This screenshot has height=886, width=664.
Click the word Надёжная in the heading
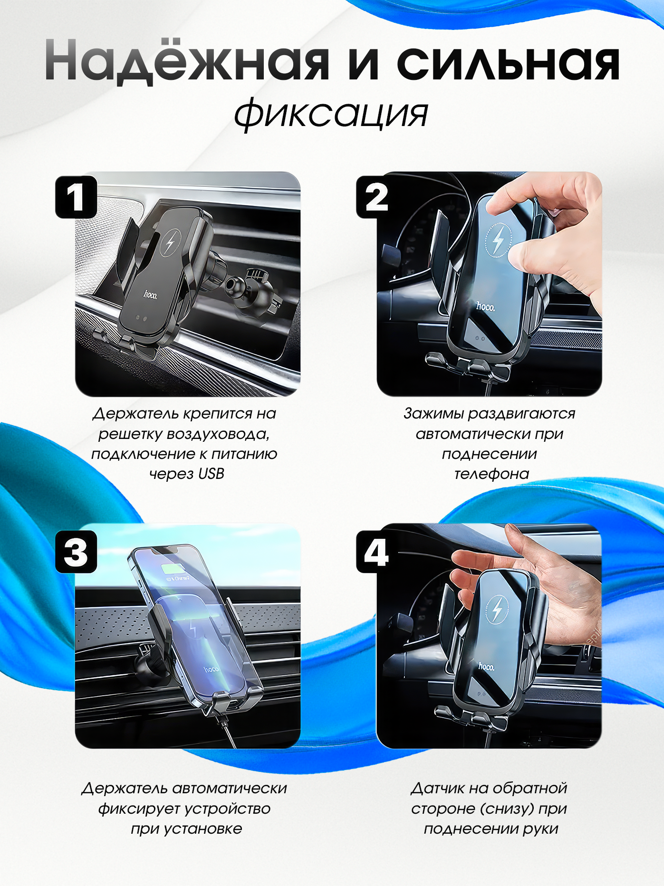(x=187, y=62)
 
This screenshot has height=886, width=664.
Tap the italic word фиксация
(x=331, y=114)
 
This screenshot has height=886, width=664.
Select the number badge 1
(x=76, y=197)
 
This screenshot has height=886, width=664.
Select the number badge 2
(x=377, y=197)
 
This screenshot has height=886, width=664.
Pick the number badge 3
(x=76, y=552)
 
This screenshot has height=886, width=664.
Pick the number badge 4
(x=377, y=552)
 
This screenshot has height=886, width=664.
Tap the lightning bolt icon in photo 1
(x=170, y=242)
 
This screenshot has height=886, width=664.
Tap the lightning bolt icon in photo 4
(x=497, y=610)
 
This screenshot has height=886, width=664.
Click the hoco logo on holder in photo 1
(x=150, y=295)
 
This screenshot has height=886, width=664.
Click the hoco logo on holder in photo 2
(x=485, y=307)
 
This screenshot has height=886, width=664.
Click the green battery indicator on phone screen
(x=175, y=568)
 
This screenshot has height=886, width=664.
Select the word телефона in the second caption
(x=491, y=474)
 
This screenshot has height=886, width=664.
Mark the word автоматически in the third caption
(x=230, y=788)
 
